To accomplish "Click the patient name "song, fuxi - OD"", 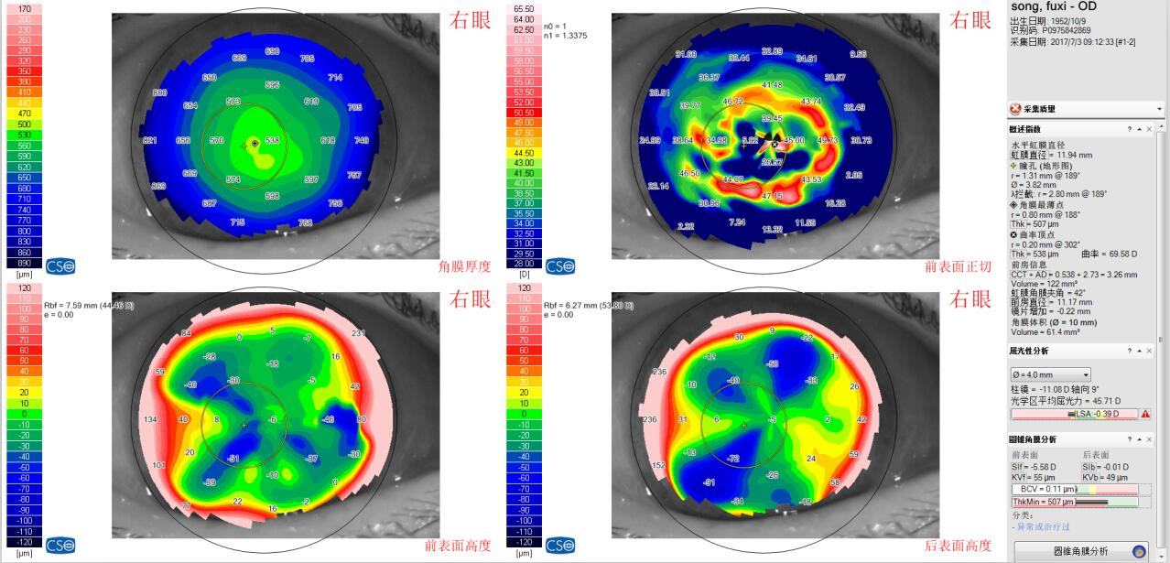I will click(1053, 6).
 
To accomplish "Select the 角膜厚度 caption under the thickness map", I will click(465, 266).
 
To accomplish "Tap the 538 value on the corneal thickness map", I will click(272, 140).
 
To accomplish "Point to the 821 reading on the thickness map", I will click(150, 140).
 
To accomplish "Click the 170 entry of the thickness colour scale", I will click(24, 8).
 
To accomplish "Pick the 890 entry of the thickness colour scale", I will click(24, 263).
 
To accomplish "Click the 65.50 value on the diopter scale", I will click(524, 8).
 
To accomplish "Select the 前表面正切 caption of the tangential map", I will click(959, 266).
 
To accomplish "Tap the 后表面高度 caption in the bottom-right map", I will click(959, 546).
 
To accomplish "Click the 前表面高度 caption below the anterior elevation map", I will click(458, 546).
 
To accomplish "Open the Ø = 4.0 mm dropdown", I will click(1050, 374).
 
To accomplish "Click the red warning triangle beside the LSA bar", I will click(1144, 414).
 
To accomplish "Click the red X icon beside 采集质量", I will click(1015, 109).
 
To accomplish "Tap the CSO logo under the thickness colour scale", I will click(60, 266).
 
